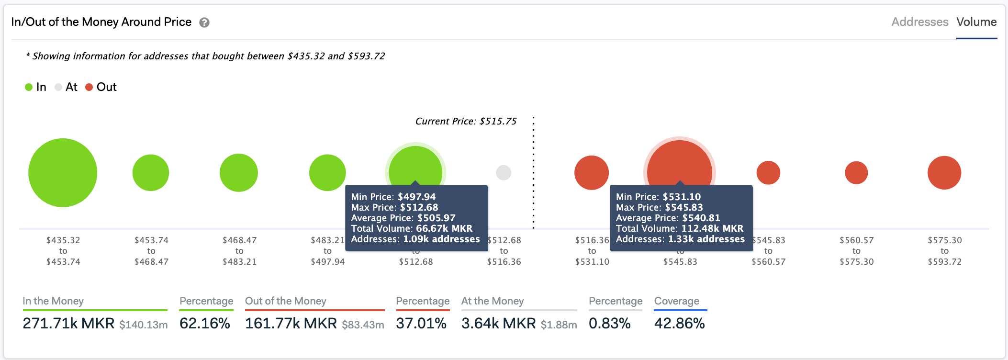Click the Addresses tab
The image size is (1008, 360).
[x=919, y=22]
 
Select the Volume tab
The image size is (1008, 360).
[x=976, y=22]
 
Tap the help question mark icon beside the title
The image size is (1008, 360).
[x=204, y=22]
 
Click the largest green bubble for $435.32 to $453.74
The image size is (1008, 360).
[x=63, y=172]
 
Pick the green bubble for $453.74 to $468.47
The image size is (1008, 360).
[x=151, y=172]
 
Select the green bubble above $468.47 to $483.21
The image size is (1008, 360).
[x=239, y=172]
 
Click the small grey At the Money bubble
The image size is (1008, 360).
[x=504, y=172]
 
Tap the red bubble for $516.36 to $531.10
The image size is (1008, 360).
[x=592, y=172]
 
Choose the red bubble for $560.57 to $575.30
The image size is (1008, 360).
[x=856, y=172]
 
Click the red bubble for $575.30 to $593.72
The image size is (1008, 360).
[x=944, y=172]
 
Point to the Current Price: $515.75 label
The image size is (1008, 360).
[x=466, y=121]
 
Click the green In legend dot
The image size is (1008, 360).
[x=29, y=87]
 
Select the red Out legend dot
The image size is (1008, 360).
[x=89, y=87]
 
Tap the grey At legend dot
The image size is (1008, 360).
[x=58, y=87]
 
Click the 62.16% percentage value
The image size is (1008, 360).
[x=205, y=323]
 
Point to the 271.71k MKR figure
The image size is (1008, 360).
[x=68, y=323]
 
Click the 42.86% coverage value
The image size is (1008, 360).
[x=679, y=323]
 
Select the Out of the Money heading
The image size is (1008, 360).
[x=286, y=301]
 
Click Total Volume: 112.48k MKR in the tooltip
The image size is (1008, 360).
[x=680, y=228]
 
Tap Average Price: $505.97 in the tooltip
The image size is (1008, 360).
[x=403, y=218]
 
